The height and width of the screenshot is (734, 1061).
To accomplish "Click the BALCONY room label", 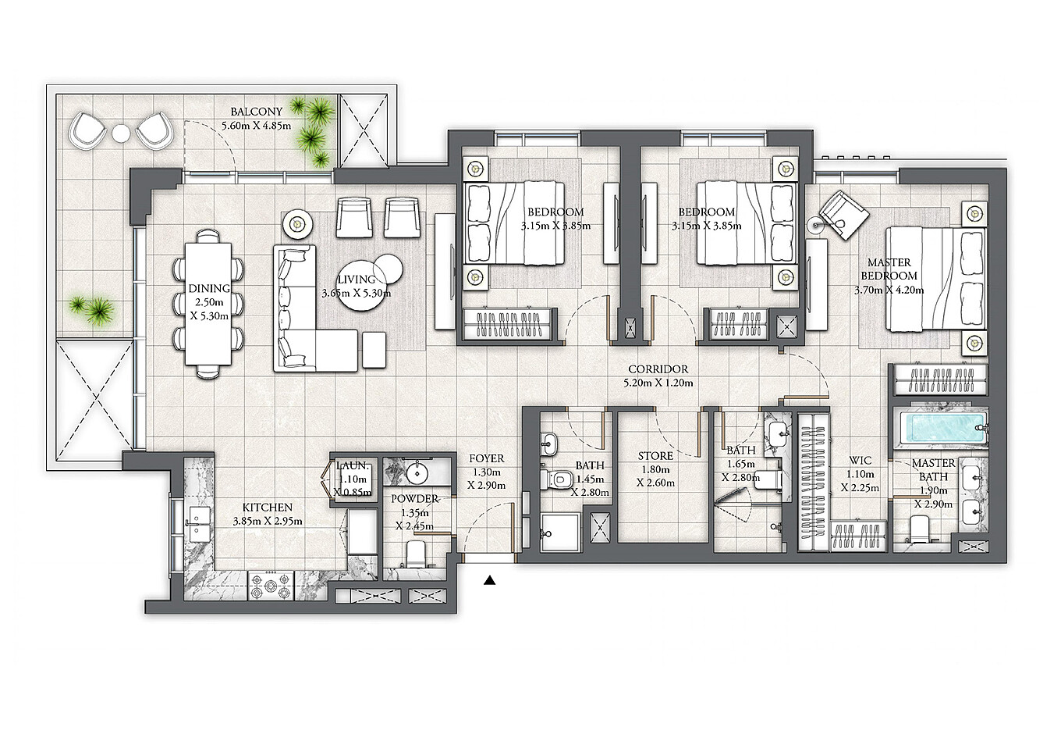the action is click(x=256, y=112).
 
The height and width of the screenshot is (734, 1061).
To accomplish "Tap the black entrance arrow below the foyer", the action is click(x=490, y=580).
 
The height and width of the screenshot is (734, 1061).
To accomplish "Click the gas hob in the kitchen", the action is click(x=271, y=586).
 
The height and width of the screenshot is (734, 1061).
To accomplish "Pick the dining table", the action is click(x=208, y=304).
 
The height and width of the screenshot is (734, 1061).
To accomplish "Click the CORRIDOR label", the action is click(x=658, y=369).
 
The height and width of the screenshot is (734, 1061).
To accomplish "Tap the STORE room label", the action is click(x=655, y=456).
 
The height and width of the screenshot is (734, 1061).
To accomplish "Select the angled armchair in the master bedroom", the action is click(x=844, y=216).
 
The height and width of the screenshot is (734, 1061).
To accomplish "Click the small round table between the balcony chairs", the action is click(x=121, y=132).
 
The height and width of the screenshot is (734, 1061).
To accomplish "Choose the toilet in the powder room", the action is click(x=417, y=554).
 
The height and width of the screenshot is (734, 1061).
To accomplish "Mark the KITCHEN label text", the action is click(x=267, y=507).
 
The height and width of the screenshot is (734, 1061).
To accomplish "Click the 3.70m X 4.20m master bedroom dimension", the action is click(x=889, y=290).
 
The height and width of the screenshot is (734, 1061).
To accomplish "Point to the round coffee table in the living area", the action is click(x=363, y=286).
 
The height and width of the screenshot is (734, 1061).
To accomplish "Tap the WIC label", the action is click(x=861, y=461).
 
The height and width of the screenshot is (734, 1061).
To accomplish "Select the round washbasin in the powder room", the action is click(x=417, y=472).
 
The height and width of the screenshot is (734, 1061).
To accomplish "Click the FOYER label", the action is click(x=487, y=458).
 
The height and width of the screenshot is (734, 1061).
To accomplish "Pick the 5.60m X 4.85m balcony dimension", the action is click(x=256, y=126).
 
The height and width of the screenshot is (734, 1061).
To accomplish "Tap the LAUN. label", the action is click(x=353, y=465).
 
